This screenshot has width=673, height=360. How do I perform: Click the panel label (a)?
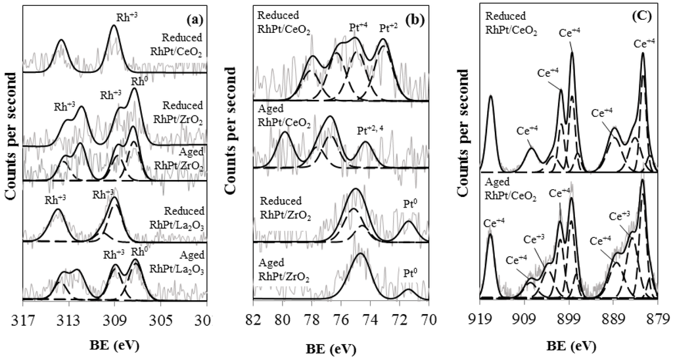[194, 12]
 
